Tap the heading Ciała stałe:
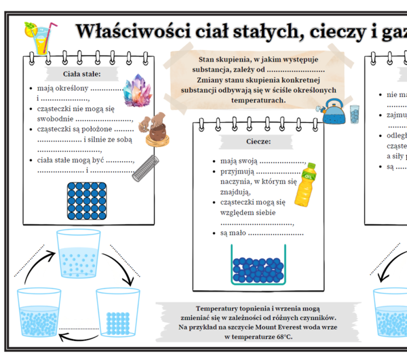click(81, 73)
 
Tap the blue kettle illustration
click(334, 111)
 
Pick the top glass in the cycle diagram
click(79, 254)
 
